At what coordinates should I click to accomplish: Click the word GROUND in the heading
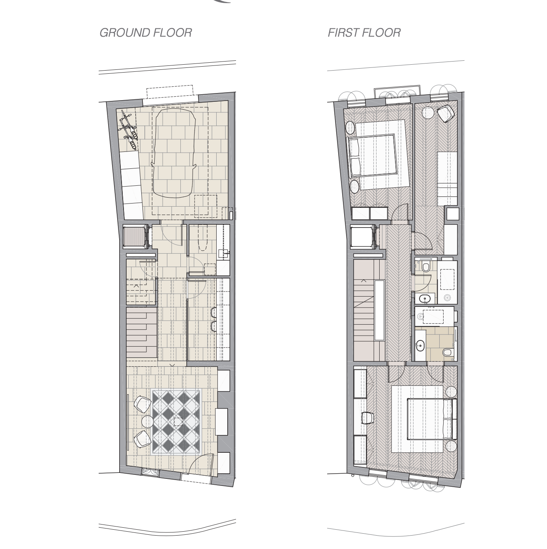click(125, 33)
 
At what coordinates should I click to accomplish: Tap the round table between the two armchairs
click(148, 422)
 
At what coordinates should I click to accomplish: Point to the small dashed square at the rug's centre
click(178, 422)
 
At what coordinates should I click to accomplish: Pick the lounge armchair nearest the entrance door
click(142, 439)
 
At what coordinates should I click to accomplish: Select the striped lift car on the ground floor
click(135, 236)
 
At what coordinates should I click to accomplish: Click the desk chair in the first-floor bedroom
click(367, 418)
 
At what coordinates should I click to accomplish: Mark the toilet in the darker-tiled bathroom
click(448, 353)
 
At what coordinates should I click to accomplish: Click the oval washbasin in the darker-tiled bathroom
click(420, 345)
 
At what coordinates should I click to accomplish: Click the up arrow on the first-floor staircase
click(363, 281)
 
